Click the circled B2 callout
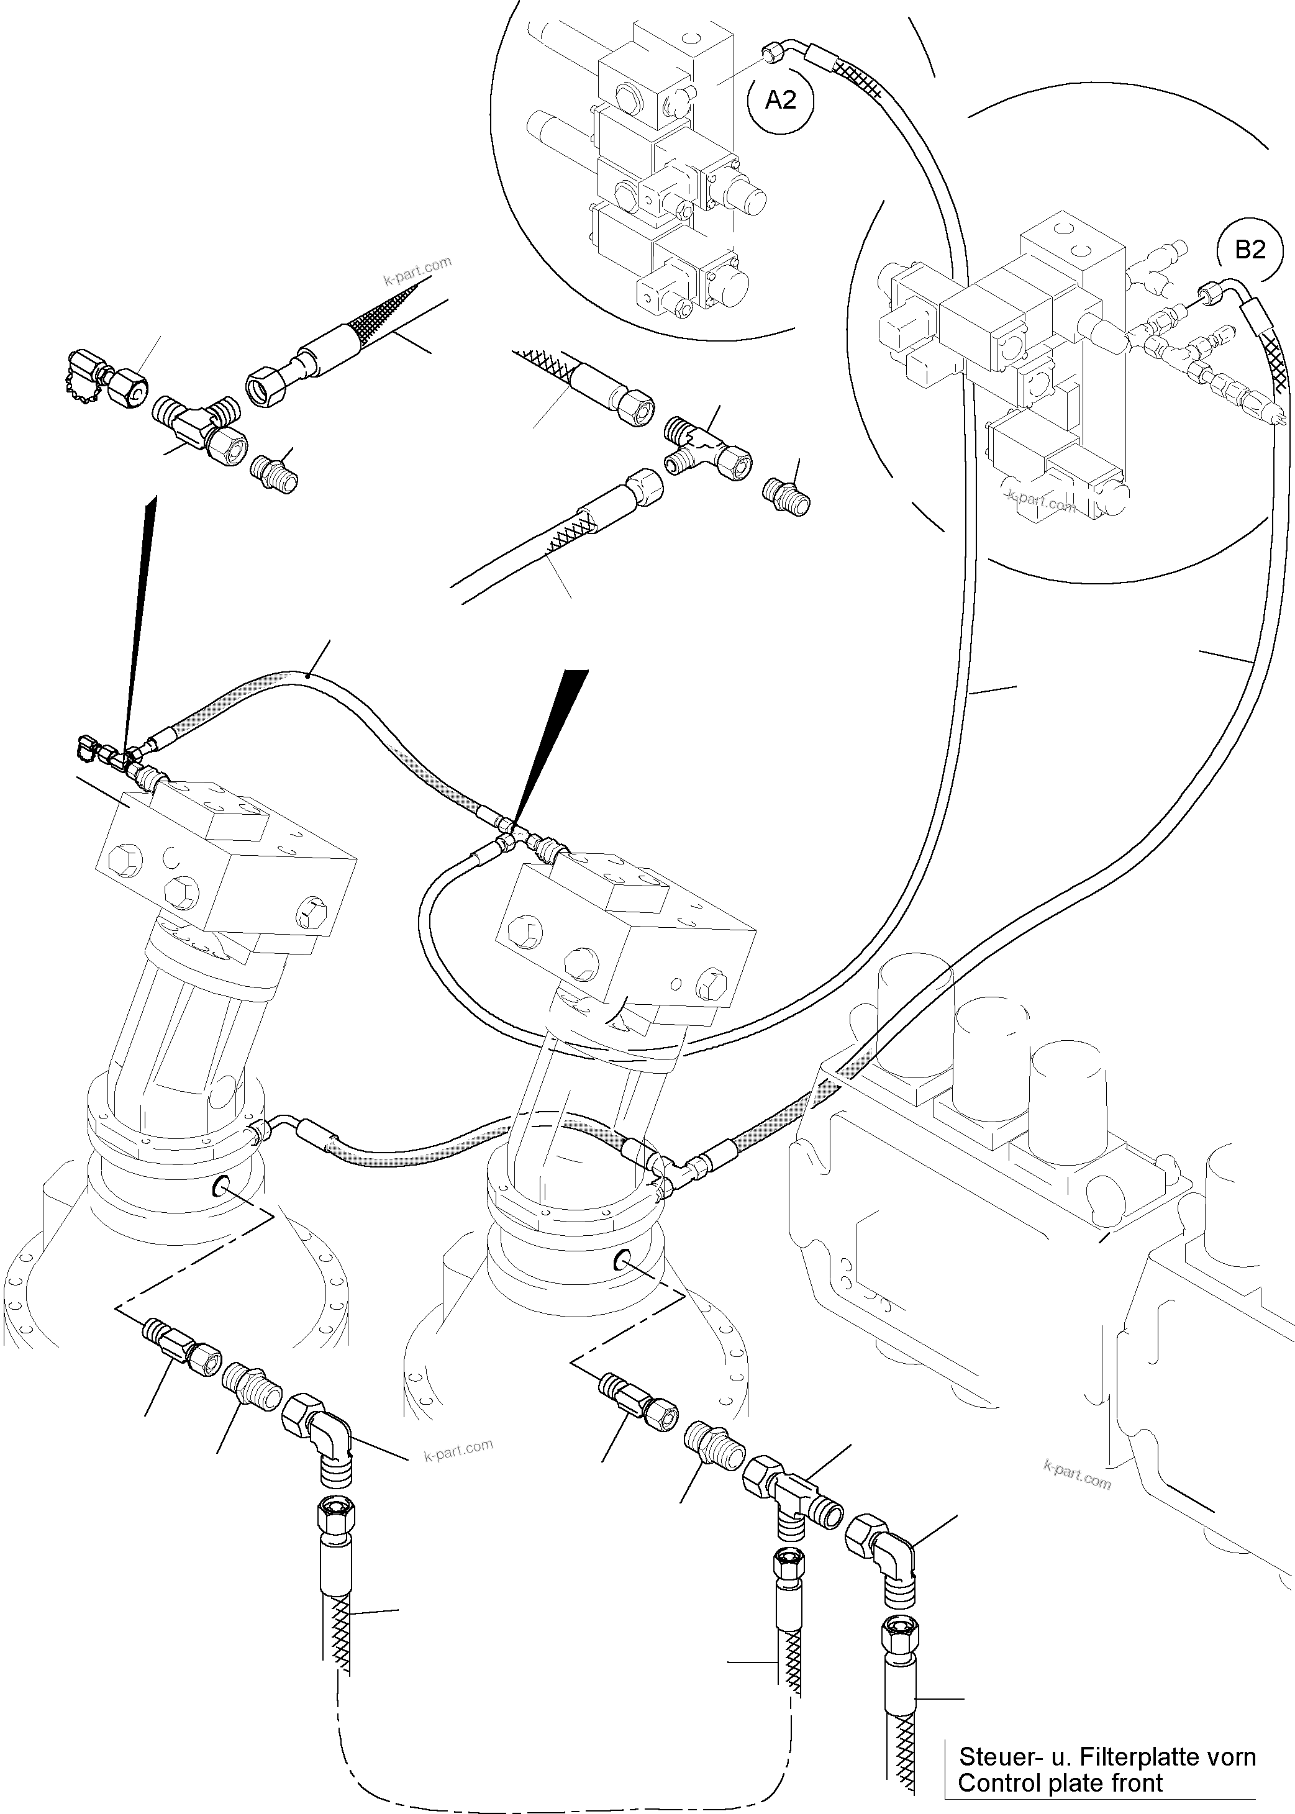point(1250,250)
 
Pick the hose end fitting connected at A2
point(772,54)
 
